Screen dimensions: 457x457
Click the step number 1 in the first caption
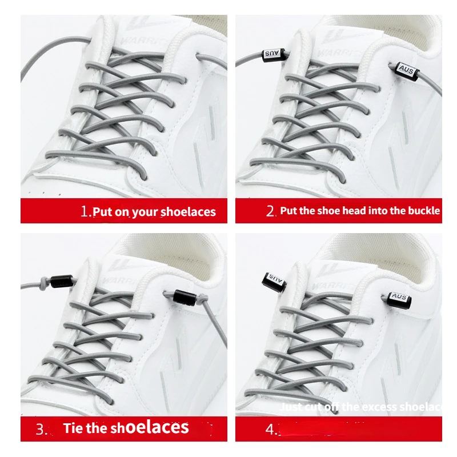click(86, 212)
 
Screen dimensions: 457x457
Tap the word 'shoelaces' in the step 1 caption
click(188, 212)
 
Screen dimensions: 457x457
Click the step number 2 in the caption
click(271, 211)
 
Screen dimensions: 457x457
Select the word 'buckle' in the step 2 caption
click(423, 211)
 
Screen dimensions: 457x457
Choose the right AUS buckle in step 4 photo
click(399, 296)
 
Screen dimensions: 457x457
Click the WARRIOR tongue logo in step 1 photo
click(147, 26)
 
